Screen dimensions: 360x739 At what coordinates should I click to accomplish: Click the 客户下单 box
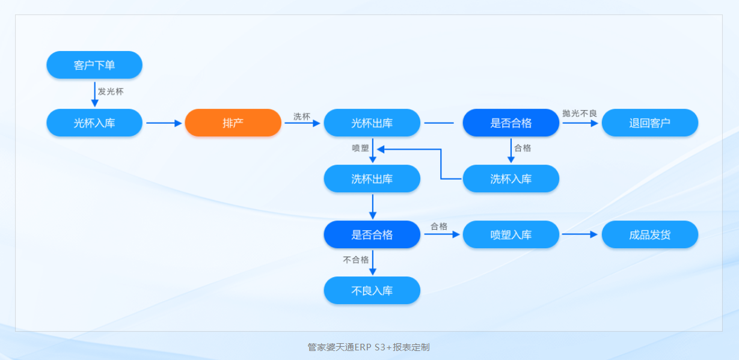(x=94, y=65)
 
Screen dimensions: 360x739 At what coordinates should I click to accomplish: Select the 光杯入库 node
(x=94, y=123)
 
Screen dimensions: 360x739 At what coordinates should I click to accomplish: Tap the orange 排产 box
(x=233, y=123)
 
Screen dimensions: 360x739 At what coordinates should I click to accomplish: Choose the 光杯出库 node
(x=372, y=123)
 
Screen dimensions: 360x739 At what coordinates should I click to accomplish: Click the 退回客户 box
(x=649, y=123)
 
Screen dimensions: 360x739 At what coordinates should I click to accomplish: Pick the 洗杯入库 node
(x=511, y=178)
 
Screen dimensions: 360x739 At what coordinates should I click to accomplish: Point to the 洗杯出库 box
(x=372, y=178)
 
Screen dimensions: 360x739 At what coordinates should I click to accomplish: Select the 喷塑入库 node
(x=511, y=234)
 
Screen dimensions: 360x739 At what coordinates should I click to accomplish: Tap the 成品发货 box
(x=649, y=234)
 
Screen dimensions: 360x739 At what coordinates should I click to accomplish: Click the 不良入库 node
(x=372, y=290)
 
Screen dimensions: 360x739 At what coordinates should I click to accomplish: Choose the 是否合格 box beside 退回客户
(x=511, y=123)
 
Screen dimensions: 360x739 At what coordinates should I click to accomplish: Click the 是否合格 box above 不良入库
(x=372, y=234)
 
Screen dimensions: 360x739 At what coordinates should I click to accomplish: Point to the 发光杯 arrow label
(x=111, y=92)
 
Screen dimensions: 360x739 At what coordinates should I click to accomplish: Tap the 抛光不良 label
(x=579, y=113)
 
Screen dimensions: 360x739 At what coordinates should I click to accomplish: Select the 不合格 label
(x=355, y=260)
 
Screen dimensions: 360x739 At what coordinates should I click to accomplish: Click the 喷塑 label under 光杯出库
(x=360, y=148)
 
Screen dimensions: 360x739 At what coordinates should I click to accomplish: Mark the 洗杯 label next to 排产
(x=302, y=117)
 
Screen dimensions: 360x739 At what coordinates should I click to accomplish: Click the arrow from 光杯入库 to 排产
(x=164, y=123)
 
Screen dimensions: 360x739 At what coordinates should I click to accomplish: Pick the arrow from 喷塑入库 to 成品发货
(x=580, y=234)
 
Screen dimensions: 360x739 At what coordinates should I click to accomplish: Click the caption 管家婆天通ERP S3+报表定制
(x=369, y=347)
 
